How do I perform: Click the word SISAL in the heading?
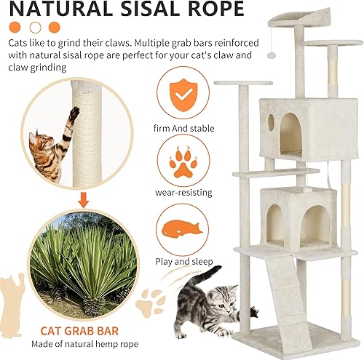(x=142, y=9)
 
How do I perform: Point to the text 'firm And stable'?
(x=181, y=128)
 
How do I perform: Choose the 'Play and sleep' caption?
(x=181, y=260)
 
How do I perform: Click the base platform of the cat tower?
(x=291, y=335)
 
